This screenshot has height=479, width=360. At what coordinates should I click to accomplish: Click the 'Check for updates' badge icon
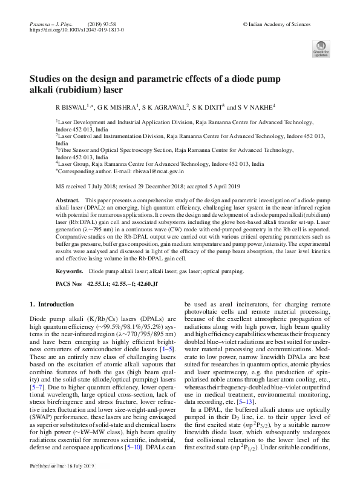[320, 50]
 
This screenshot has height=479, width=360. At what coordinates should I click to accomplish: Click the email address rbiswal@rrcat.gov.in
[139, 172]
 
